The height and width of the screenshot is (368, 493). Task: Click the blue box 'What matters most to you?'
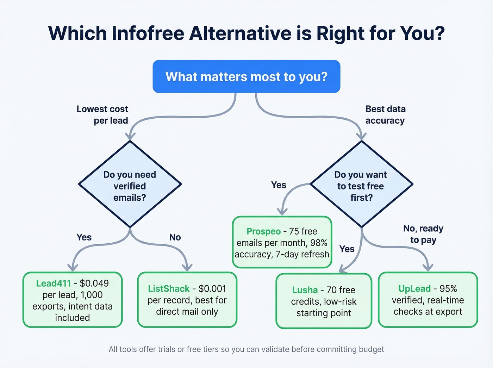pyautogui.click(x=246, y=76)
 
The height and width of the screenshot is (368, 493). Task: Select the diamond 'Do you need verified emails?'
pyautogui.click(x=130, y=184)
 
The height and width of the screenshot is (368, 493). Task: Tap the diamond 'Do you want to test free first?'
pyautogui.click(x=361, y=184)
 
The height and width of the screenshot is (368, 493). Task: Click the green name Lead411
pyautogui.click(x=54, y=283)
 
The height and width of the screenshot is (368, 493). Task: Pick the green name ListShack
pyautogui.click(x=169, y=289)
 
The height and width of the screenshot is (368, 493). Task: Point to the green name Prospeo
pyautogui.click(x=263, y=231)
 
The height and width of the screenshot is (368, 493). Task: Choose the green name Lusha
pyautogui.click(x=305, y=290)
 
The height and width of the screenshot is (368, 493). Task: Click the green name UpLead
pyautogui.click(x=414, y=289)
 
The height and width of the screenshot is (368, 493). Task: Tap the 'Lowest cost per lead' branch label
pyautogui.click(x=102, y=115)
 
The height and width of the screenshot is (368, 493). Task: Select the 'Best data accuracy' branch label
pyautogui.click(x=385, y=115)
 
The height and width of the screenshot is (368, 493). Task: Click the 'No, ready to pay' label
pyautogui.click(x=423, y=234)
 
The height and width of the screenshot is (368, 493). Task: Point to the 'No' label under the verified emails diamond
pyautogui.click(x=175, y=237)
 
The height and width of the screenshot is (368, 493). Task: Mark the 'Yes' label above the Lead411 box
pyautogui.click(x=84, y=237)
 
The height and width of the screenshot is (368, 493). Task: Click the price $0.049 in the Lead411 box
pyautogui.click(x=94, y=283)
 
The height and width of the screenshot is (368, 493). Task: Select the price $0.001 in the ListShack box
pyautogui.click(x=212, y=289)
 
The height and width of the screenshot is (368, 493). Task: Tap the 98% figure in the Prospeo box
pyautogui.click(x=319, y=243)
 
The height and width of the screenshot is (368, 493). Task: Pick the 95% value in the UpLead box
pyautogui.click(x=448, y=289)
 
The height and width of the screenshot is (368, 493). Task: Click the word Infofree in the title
pyautogui.click(x=148, y=33)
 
